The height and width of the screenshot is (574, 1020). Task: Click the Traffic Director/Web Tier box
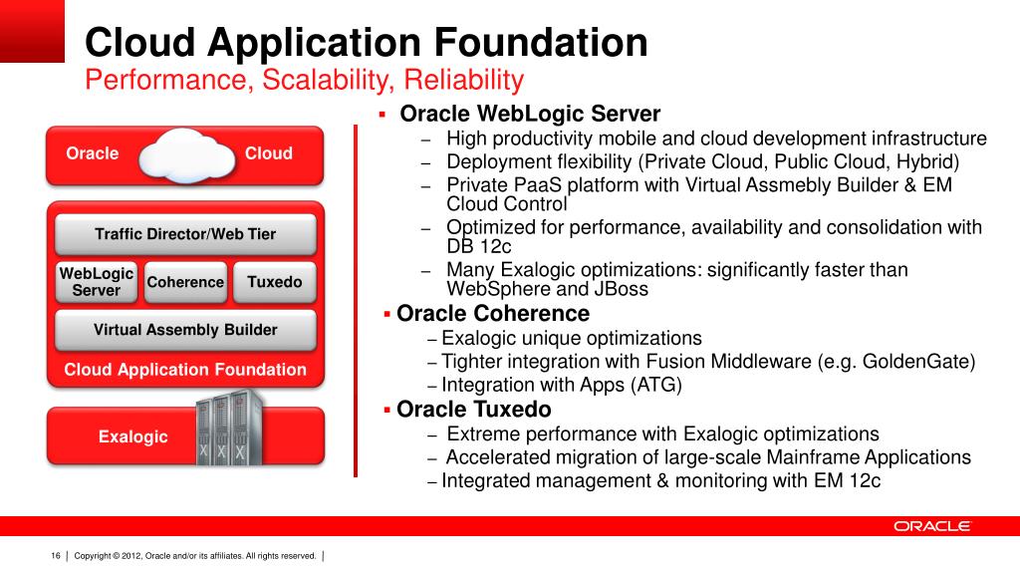tap(185, 234)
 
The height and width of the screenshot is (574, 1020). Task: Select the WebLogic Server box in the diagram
tap(97, 282)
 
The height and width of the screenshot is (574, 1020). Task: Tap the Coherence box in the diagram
tap(185, 282)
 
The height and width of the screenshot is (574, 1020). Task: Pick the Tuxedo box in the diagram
tap(274, 282)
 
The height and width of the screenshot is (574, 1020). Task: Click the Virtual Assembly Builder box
tap(185, 330)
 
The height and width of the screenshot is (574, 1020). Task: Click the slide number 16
tap(56, 555)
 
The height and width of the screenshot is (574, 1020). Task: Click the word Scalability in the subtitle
tap(315, 80)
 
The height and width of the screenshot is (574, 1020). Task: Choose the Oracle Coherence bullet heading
tap(493, 314)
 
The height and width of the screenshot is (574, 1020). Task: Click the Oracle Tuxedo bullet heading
tap(474, 410)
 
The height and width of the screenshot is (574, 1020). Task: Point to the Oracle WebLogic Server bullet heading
tap(530, 115)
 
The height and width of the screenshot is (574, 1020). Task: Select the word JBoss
tap(618, 290)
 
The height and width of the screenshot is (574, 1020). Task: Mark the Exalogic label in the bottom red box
tap(132, 436)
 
